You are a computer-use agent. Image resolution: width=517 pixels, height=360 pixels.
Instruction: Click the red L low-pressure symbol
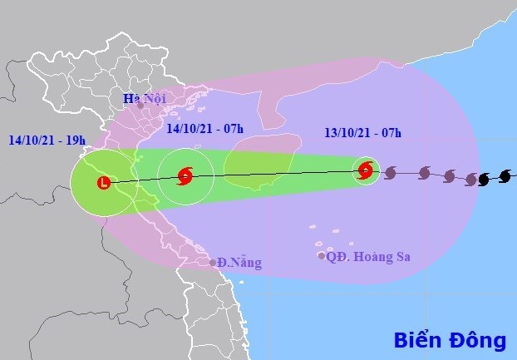[103, 182]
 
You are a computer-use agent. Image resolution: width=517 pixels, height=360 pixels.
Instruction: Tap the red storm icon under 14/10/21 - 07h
[185, 176]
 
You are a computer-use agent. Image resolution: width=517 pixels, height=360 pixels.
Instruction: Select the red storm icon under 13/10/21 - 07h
[366, 171]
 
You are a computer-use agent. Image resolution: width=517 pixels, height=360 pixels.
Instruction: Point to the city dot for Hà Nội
[140, 106]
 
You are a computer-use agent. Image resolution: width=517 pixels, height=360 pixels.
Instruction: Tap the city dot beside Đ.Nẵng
[213, 263]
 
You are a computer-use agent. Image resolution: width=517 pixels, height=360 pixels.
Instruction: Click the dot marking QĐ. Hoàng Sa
[322, 256]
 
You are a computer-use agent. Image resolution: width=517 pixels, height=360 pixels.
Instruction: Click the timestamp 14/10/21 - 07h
[204, 128]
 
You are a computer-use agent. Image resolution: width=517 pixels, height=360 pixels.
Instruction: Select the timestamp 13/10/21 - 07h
[362, 132]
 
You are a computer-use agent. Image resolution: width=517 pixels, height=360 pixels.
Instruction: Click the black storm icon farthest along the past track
[505, 176]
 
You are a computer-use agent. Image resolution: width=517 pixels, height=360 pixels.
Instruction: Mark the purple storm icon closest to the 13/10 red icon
[390, 173]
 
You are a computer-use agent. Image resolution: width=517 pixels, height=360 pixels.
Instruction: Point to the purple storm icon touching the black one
[471, 179]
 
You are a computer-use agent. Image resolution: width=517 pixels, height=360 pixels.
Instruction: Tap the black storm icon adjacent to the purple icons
[484, 179]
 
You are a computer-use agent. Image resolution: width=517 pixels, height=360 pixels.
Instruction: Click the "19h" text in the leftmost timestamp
[74, 140]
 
